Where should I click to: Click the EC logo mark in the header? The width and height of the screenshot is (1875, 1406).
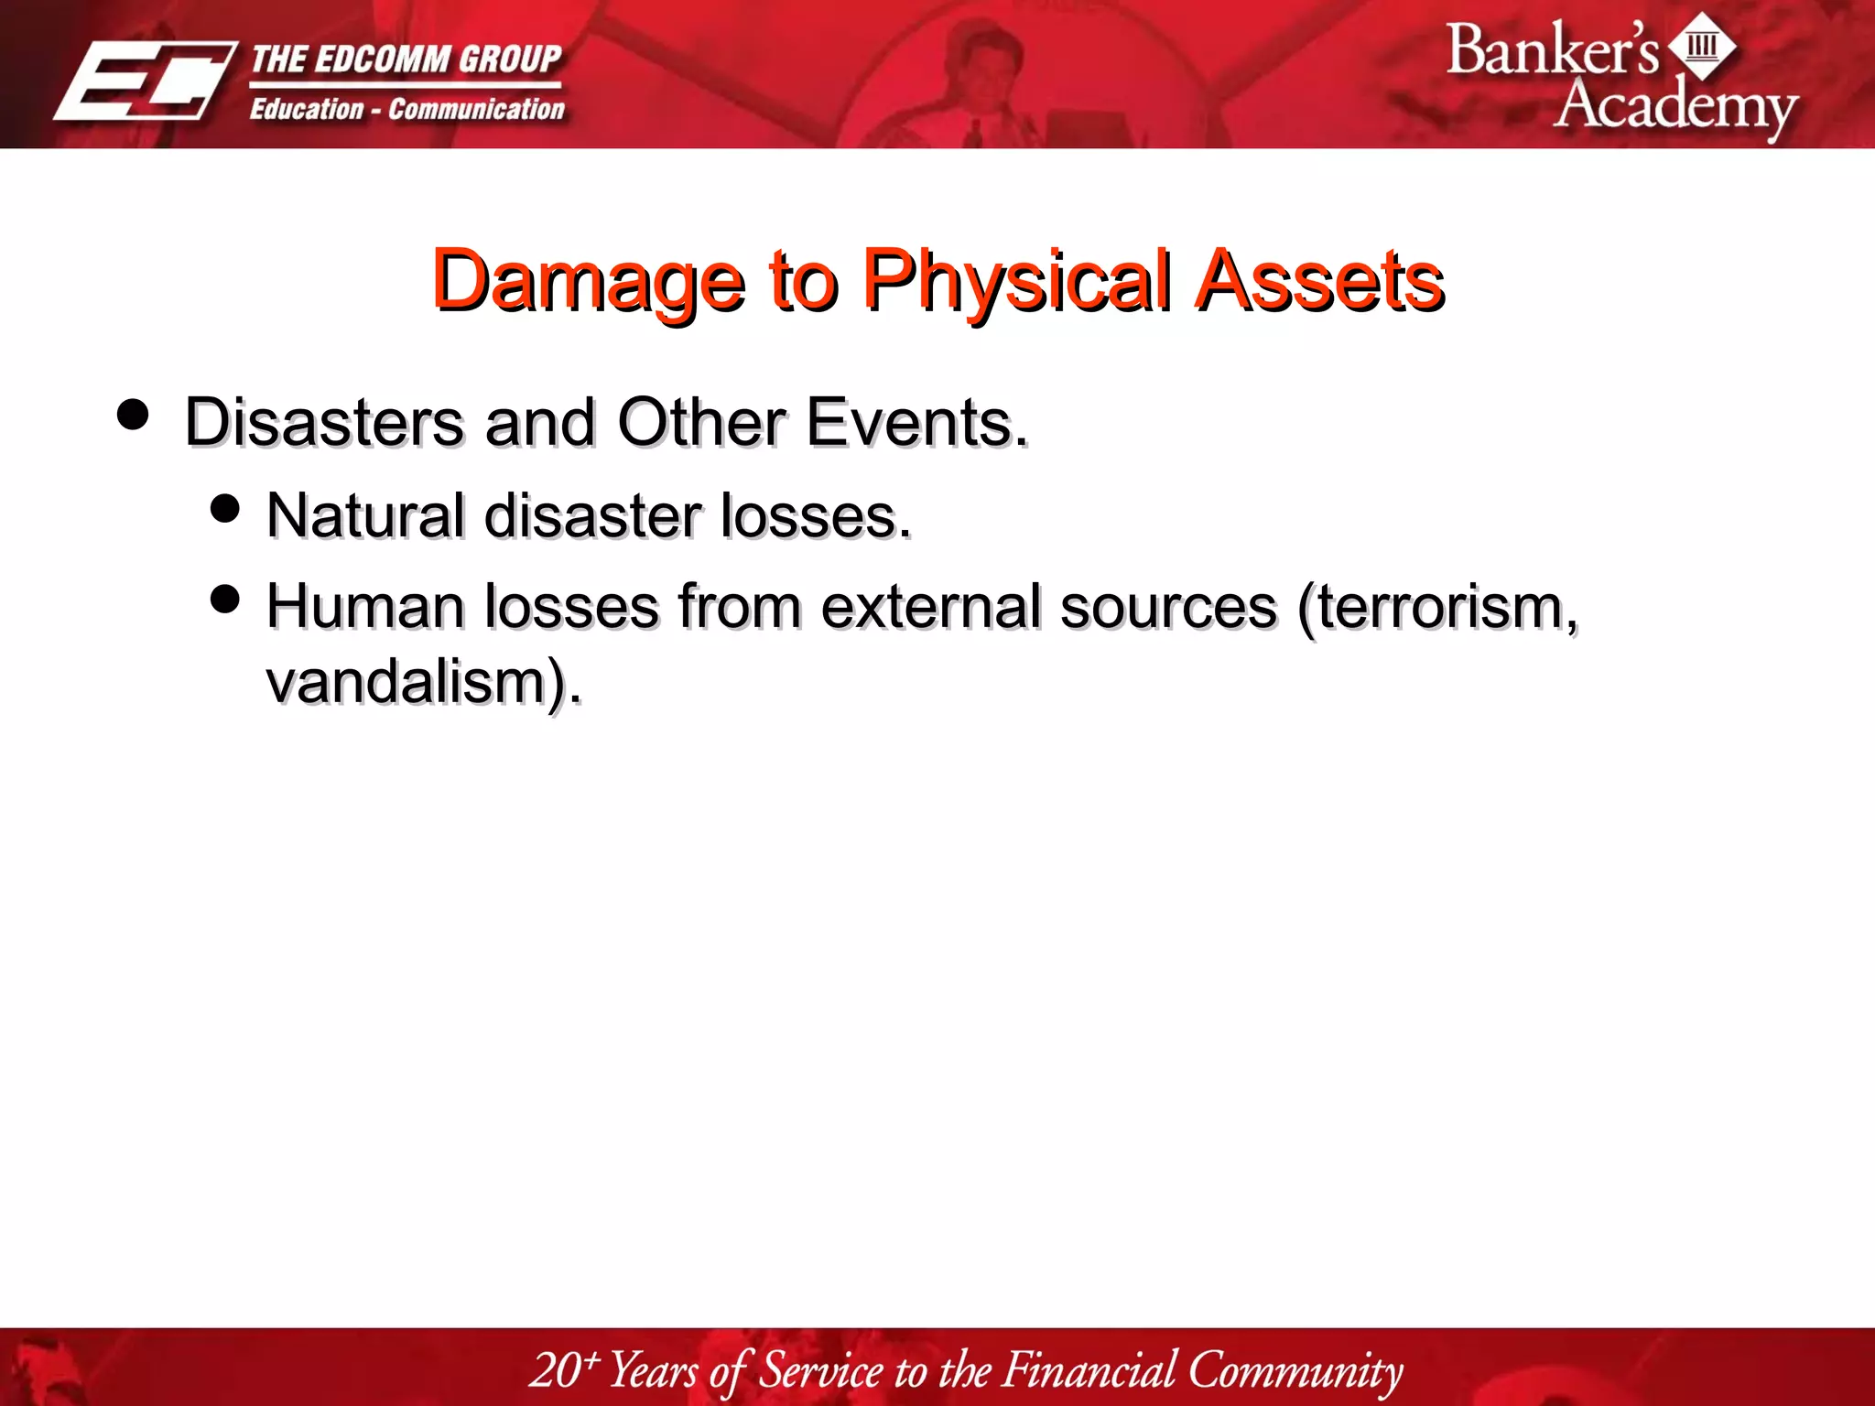click(145, 81)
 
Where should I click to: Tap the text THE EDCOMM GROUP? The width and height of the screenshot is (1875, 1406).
click(406, 59)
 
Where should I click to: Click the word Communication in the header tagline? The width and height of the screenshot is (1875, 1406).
click(476, 109)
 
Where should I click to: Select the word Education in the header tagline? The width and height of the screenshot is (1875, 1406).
click(307, 109)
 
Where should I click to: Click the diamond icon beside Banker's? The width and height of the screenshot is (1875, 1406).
click(1702, 46)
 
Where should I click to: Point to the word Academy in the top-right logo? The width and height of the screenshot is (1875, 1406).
click(1674, 106)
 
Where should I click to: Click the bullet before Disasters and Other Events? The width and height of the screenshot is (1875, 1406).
click(134, 414)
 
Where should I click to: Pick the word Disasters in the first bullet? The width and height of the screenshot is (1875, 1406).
click(324, 422)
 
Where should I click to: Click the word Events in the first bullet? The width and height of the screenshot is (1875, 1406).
click(916, 422)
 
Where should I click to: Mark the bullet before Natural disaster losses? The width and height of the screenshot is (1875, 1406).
click(224, 508)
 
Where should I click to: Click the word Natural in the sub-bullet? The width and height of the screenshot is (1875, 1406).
click(365, 515)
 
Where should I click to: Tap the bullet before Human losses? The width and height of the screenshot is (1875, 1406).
click(224, 600)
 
